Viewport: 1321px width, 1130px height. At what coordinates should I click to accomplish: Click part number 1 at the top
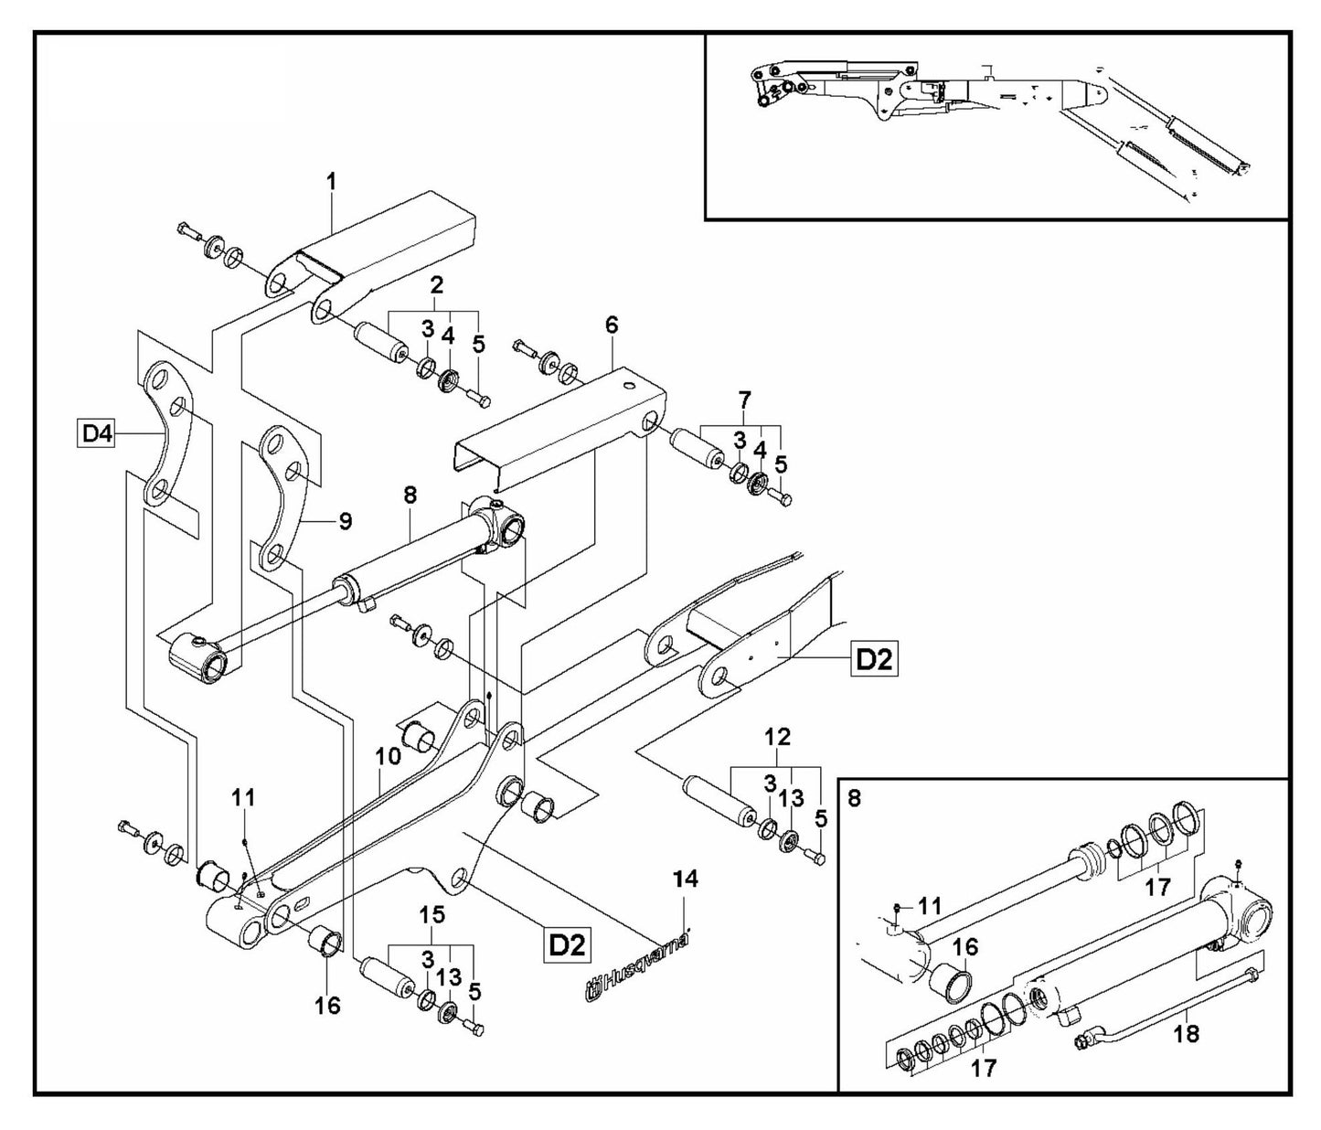[332, 182]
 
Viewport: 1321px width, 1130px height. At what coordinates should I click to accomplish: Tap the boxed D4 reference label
[96, 433]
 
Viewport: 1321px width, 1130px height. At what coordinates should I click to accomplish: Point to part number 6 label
[612, 325]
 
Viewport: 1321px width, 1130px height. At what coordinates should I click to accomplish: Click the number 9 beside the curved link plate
[345, 521]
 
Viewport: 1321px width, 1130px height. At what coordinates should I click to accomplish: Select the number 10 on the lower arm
[388, 755]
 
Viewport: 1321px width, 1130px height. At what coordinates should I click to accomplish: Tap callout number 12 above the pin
[778, 736]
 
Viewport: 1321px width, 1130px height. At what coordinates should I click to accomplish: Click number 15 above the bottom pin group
[431, 913]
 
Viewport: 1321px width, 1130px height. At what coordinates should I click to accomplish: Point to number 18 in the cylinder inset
[1188, 1033]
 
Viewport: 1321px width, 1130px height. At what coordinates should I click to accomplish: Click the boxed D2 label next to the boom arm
[873, 659]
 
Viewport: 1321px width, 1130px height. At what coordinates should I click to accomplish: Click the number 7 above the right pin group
[744, 400]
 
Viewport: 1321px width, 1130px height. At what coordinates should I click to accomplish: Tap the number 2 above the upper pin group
[437, 284]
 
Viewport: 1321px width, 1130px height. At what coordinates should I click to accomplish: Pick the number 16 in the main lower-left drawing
[327, 1006]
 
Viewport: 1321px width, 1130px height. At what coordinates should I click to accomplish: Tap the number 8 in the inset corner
[854, 798]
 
